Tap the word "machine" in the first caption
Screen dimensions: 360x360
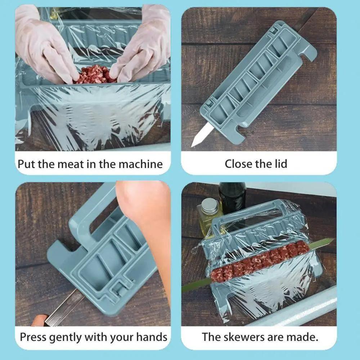140,164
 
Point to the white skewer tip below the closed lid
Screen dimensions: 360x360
199,135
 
